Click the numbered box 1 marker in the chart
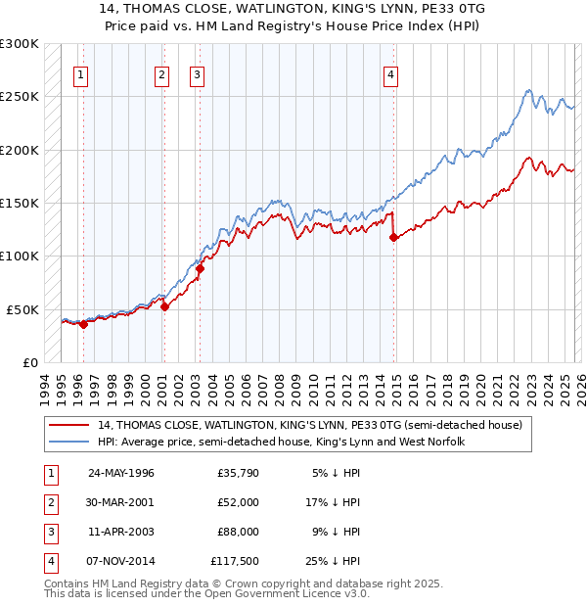(x=79, y=73)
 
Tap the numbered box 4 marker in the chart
(x=390, y=73)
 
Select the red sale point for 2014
(x=392, y=237)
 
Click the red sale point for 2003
(x=199, y=268)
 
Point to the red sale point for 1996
(x=83, y=324)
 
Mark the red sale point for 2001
(x=164, y=306)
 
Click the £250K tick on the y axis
(x=20, y=97)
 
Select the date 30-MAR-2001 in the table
(x=121, y=502)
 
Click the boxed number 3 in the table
(x=49, y=532)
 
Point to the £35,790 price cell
(x=237, y=473)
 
